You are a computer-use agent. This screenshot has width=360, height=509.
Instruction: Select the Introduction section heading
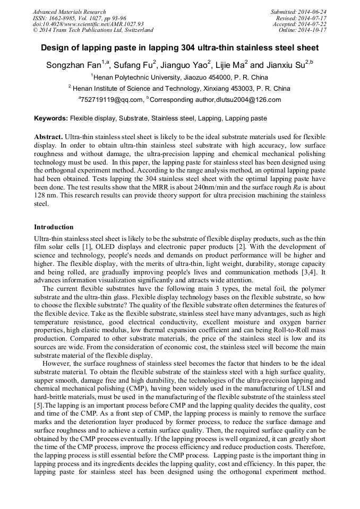pos(54,227)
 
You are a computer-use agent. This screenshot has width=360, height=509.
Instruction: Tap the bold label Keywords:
pos(51,118)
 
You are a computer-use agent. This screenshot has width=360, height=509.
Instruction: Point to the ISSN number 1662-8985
pos(63,18)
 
